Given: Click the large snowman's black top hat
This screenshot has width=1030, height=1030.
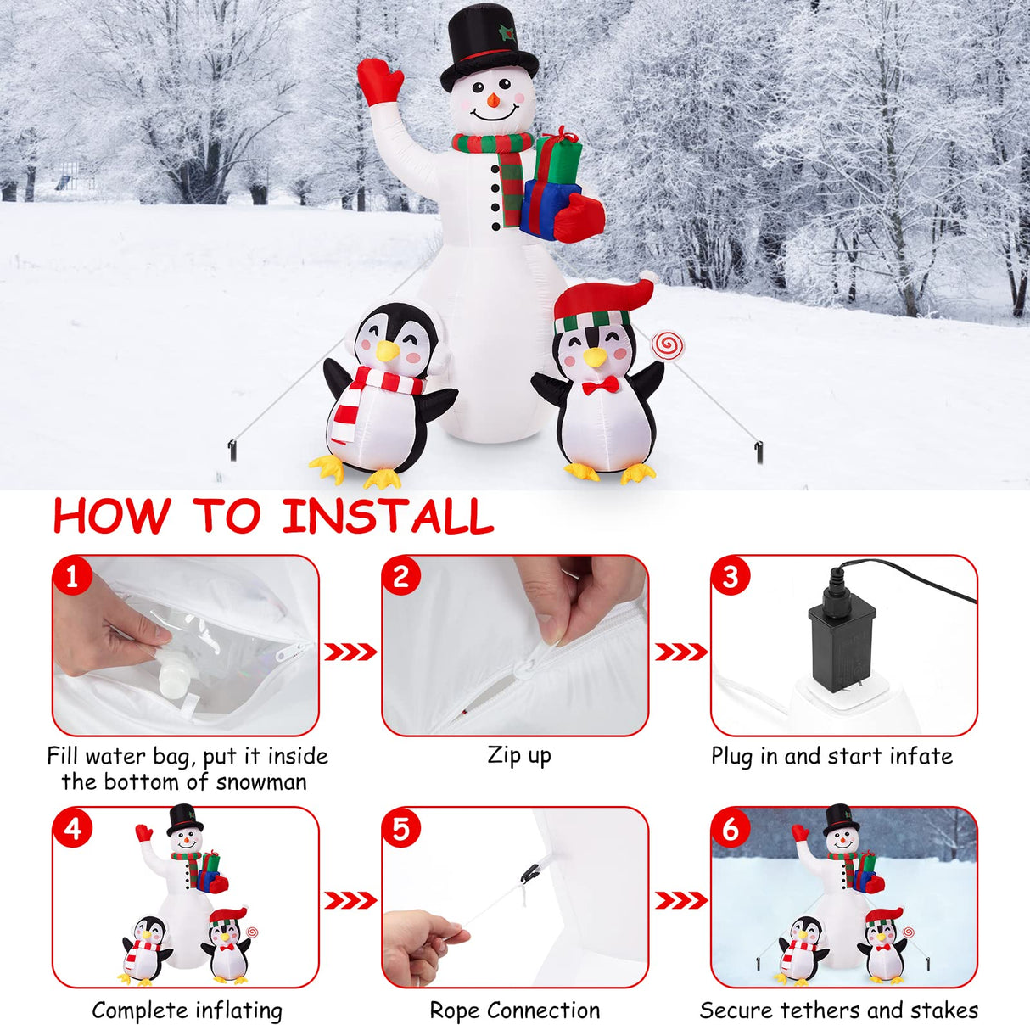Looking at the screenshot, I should [x=488, y=47].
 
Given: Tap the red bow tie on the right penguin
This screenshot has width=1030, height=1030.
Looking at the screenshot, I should [x=600, y=385].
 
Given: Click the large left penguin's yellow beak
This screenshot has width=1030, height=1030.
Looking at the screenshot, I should [x=388, y=351].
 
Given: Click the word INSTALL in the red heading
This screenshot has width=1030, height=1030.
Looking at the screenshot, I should [x=388, y=517].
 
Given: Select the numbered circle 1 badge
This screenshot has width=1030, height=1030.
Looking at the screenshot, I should [x=72, y=576].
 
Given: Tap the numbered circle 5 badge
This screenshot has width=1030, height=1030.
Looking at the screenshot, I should [x=401, y=828].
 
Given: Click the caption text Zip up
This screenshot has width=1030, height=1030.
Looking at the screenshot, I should [x=518, y=755].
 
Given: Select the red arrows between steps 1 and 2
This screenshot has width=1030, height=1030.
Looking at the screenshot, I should [x=350, y=652].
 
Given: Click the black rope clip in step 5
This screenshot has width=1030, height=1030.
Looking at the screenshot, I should [x=530, y=871].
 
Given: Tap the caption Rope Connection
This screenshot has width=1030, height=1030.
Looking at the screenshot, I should [x=514, y=1010].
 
